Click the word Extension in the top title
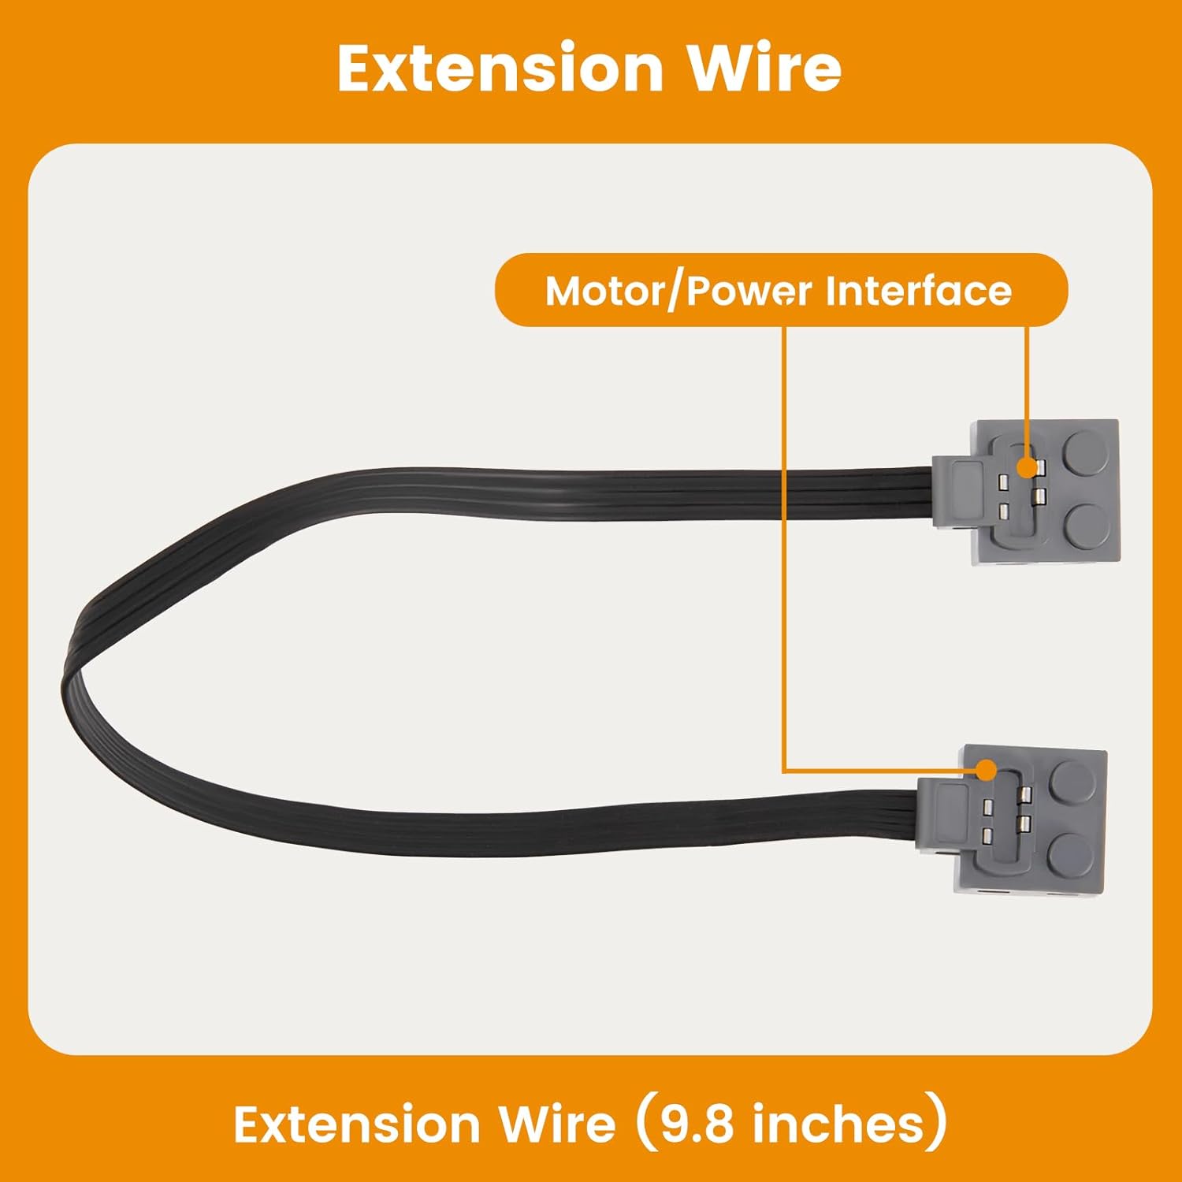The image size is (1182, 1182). [500, 69]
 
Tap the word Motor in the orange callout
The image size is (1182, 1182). [604, 291]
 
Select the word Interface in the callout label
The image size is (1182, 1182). [918, 291]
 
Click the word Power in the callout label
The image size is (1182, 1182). [749, 291]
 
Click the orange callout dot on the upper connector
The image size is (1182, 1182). [1027, 467]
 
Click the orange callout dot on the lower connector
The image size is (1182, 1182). [986, 771]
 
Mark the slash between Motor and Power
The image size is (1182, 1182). [675, 292]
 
